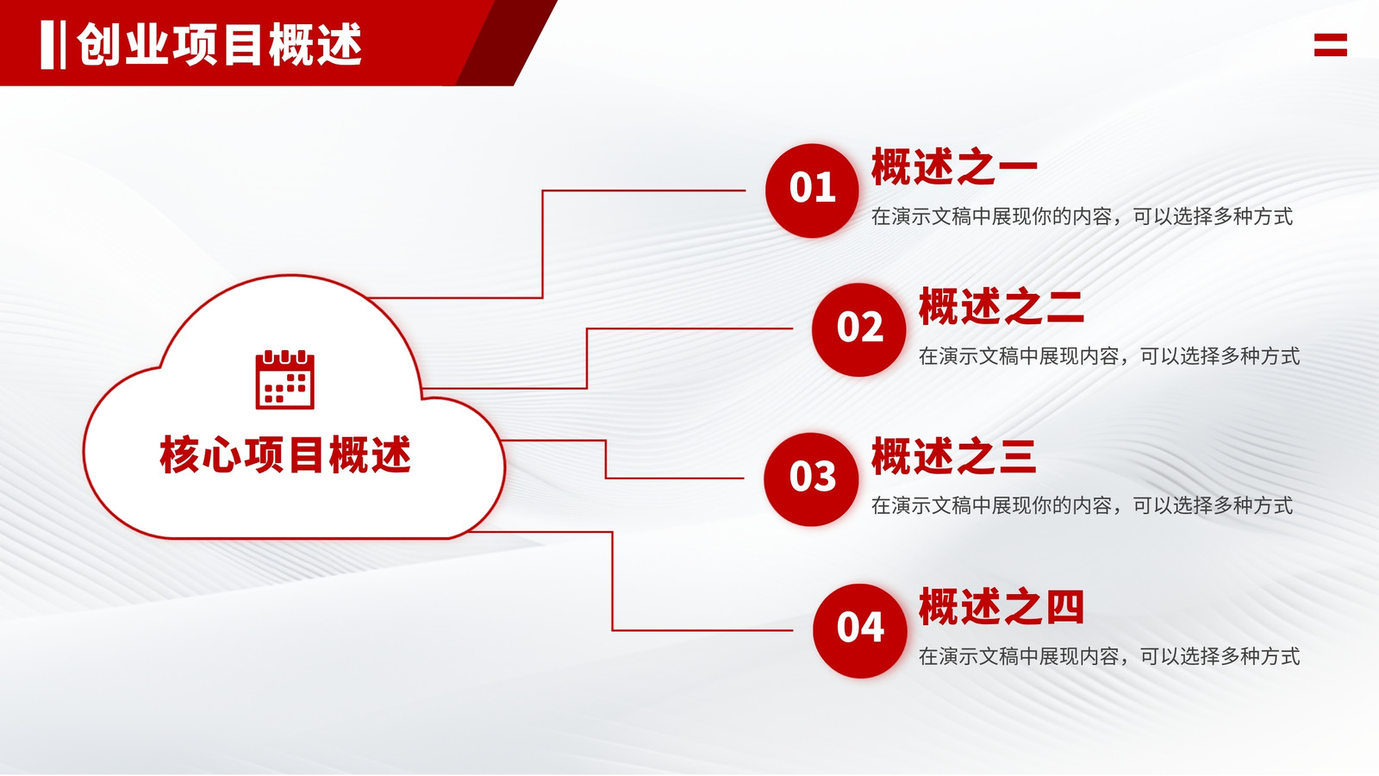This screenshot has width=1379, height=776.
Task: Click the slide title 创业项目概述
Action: coord(219,44)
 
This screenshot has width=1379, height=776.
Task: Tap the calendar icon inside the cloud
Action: coord(285,379)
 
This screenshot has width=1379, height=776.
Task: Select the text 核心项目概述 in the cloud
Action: coord(285,454)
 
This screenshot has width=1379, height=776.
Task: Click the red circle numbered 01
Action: coord(812,191)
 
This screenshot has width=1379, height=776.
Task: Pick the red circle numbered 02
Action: coord(858,329)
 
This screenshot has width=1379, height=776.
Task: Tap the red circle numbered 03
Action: coord(811,479)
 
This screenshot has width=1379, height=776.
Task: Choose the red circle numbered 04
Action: coord(859,630)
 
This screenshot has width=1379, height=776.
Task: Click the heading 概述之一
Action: coord(954,166)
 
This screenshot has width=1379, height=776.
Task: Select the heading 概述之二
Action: coord(1001,306)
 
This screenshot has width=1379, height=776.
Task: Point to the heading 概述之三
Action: coord(954,456)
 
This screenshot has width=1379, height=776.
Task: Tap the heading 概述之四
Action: coord(1001,607)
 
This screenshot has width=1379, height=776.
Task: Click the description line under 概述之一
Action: coord(1082,216)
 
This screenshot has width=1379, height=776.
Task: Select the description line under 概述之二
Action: coord(1108,356)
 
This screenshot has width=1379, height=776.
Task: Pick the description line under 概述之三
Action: coord(1082,505)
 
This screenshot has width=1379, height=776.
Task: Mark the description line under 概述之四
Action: coord(1108,656)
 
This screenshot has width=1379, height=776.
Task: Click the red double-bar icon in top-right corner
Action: coord(1331,45)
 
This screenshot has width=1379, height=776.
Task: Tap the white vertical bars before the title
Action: coord(53,44)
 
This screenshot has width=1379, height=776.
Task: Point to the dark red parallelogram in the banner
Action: coord(506,42)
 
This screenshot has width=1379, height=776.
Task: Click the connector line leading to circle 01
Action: coord(542,245)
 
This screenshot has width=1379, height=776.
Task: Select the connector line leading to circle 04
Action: coord(613,581)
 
